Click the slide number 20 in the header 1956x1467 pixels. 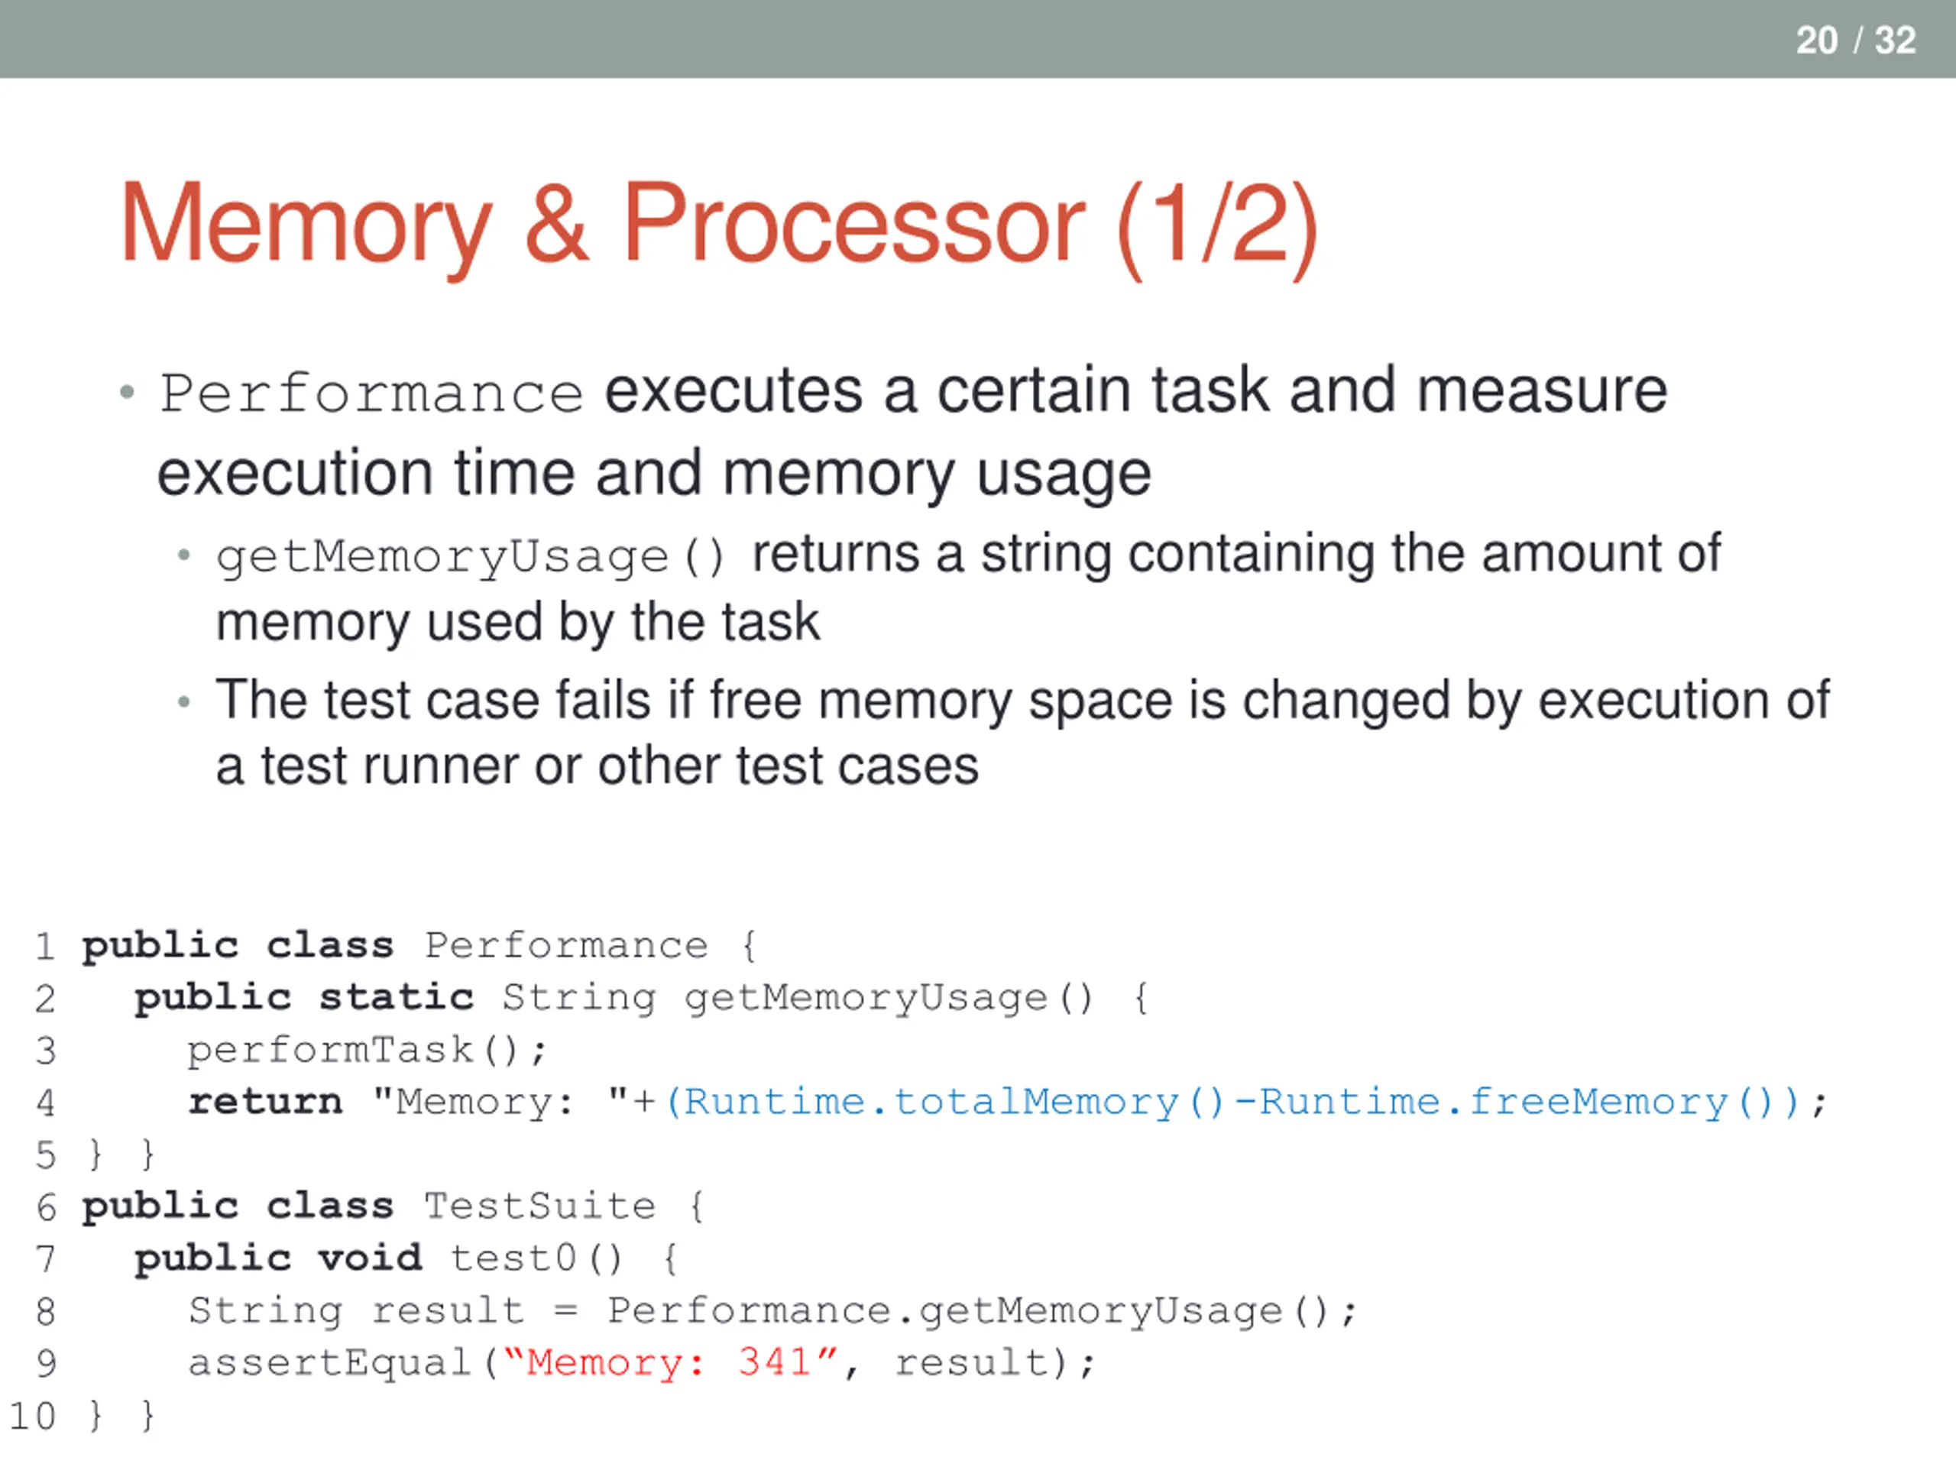pos(1816,40)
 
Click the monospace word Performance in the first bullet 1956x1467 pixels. pos(371,393)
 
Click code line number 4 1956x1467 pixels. pos(45,1103)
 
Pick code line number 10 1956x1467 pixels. pos(33,1416)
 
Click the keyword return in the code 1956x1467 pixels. pos(265,1102)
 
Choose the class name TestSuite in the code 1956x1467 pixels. pos(539,1207)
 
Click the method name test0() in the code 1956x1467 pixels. pos(536,1259)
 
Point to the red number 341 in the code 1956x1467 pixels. pos(776,1362)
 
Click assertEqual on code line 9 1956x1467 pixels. pos(329,1362)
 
